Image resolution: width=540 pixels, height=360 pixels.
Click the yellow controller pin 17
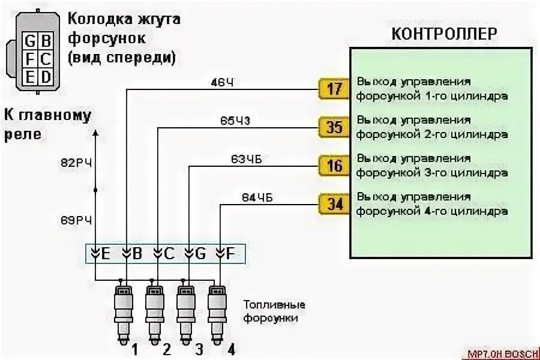coord(334,89)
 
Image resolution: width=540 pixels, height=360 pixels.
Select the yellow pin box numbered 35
coord(334,127)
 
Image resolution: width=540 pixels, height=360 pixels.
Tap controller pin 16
coord(334,165)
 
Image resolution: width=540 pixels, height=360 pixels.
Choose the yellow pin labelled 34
coord(334,204)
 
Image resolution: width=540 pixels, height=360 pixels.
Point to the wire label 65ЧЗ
coord(235,120)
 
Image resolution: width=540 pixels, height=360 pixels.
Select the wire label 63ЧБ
coord(245,159)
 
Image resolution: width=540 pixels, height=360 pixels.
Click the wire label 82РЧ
coord(76,162)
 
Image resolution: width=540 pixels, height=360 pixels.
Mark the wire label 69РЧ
coord(76,220)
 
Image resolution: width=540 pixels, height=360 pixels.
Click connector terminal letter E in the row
coord(106,254)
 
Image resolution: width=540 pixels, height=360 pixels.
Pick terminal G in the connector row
coord(200,254)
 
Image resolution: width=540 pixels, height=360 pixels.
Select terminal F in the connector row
coord(231,254)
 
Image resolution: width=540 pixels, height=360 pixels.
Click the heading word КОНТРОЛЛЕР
coord(444,34)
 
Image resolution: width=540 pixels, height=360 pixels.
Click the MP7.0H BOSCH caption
coord(500,354)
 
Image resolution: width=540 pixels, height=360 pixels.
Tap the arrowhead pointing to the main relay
coord(95,131)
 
